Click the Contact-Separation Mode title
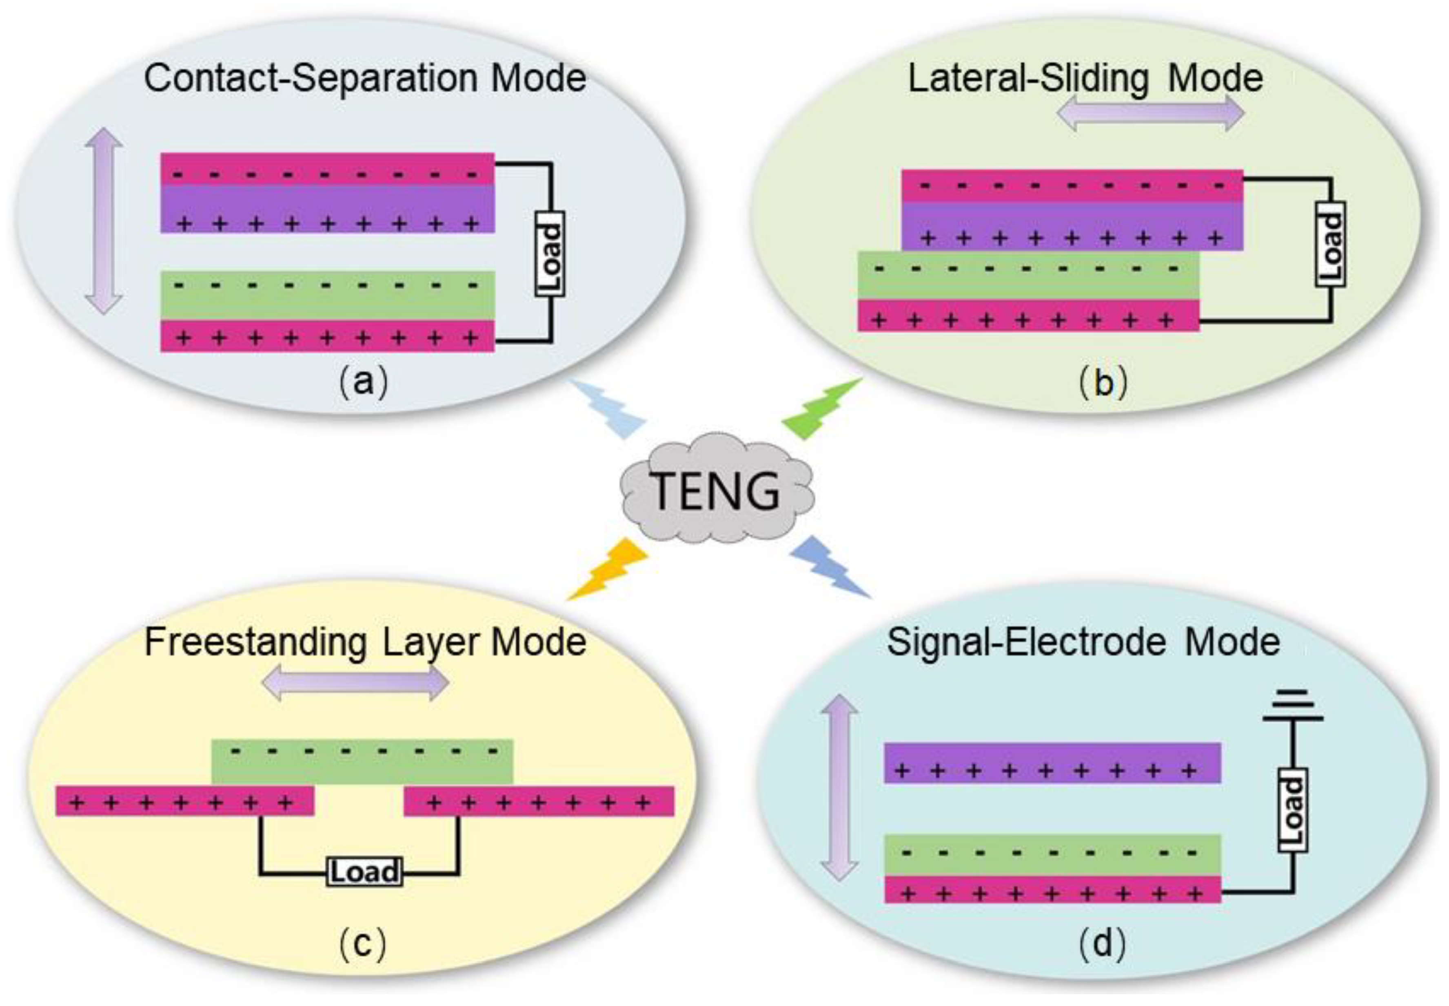pyautogui.click(x=365, y=78)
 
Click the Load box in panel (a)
pyautogui.click(x=550, y=254)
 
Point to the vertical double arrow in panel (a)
pyautogui.click(x=104, y=221)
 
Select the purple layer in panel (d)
pyautogui.click(x=1052, y=763)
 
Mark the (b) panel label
pyautogui.click(x=1102, y=383)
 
